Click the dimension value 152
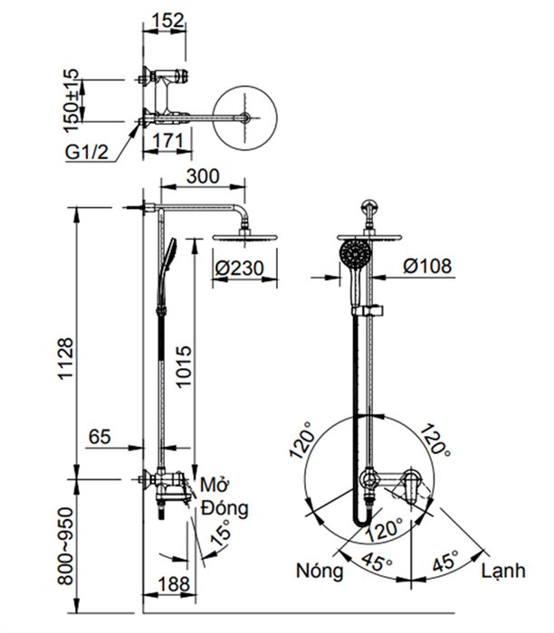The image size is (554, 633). click(x=163, y=17)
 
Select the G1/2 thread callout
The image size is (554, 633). click(x=87, y=150)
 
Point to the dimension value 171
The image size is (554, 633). click(x=170, y=140)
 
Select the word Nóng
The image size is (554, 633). click(x=319, y=571)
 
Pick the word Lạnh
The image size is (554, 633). click(x=503, y=571)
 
